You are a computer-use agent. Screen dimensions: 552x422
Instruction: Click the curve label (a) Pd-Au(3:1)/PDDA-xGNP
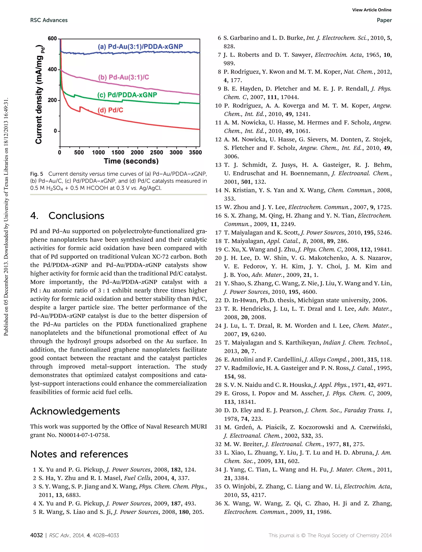tap(140, 47)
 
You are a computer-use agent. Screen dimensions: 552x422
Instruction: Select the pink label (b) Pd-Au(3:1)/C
tap(123, 77)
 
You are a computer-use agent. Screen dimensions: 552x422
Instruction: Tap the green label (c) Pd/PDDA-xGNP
tap(127, 95)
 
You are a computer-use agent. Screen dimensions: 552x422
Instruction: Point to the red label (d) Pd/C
tap(110, 110)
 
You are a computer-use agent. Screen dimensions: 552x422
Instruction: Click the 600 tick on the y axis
tap(53, 39)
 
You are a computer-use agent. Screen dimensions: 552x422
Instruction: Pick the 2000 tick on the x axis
tap(137, 152)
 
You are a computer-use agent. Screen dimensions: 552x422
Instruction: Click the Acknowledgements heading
tap(75, 411)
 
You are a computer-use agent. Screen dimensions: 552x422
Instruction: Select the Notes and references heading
tap(79, 454)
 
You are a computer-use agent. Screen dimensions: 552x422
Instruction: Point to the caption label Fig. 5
tap(37, 174)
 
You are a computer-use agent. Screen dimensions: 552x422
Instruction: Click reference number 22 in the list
tap(218, 300)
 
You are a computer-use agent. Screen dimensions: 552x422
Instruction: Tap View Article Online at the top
tap(372, 10)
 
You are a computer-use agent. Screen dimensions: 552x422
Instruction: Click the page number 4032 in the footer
tap(36, 535)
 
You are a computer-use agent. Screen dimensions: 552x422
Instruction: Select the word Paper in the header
tap(384, 20)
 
